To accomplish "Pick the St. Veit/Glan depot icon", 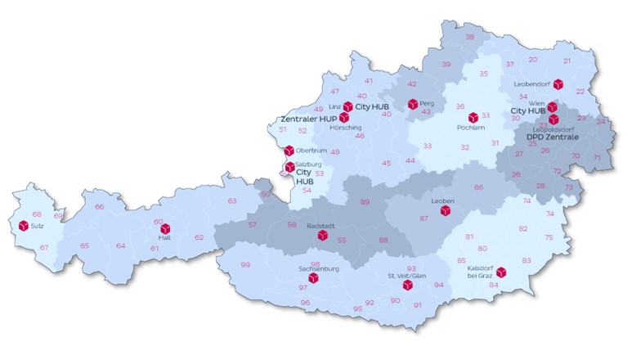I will point(408,285).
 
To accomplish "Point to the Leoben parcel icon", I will point(446,210).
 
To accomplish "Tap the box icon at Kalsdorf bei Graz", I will point(501,272).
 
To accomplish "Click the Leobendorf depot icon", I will point(558,84).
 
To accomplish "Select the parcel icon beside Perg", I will point(413,104).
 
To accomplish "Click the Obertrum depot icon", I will point(289,151).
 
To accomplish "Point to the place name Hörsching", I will point(344,128).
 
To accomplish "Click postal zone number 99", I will point(245,265).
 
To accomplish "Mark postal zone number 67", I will point(44,248).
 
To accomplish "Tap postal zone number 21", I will point(567,61).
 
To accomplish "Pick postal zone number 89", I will point(365,201).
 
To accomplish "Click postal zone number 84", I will point(494,285).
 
